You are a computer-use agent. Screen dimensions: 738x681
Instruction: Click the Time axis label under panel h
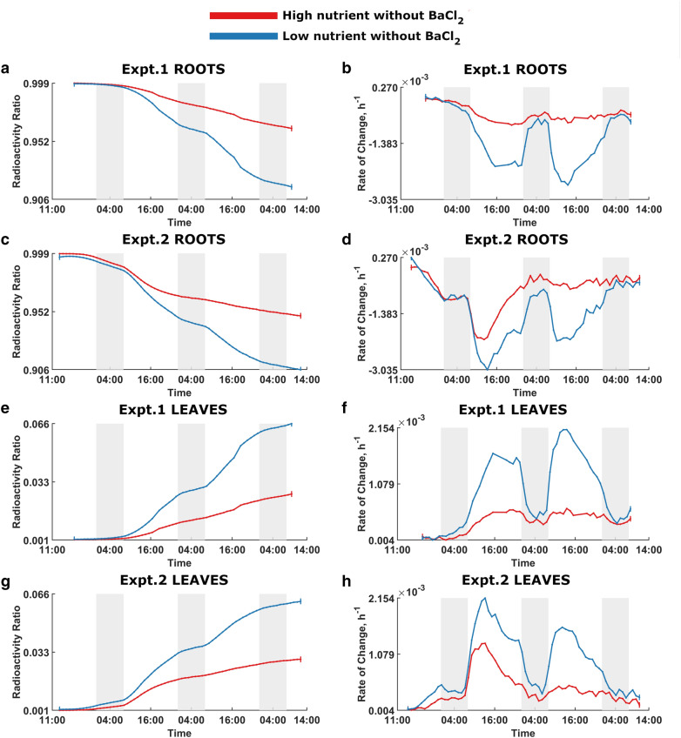click(x=522, y=734)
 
